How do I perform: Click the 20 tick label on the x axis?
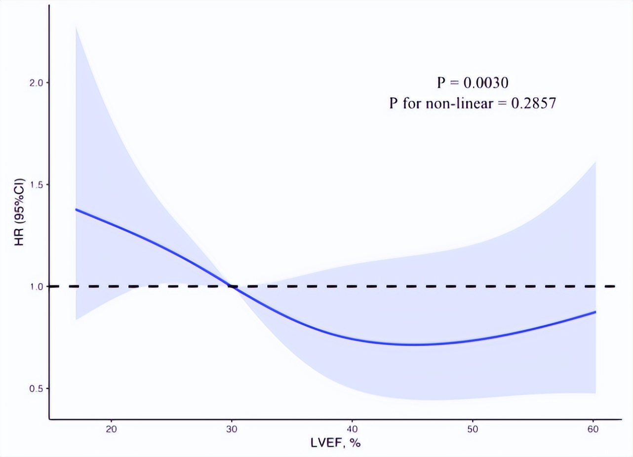click(111, 429)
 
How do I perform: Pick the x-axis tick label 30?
click(232, 429)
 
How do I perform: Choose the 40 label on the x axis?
click(352, 429)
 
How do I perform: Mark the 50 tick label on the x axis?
click(473, 429)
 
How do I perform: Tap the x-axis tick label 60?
click(593, 429)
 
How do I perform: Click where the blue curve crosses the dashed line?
click(232, 286)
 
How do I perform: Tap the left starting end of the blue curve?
click(76, 209)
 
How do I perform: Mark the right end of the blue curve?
click(595, 312)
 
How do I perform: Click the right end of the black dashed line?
click(614, 286)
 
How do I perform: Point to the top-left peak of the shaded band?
click(76, 25)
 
